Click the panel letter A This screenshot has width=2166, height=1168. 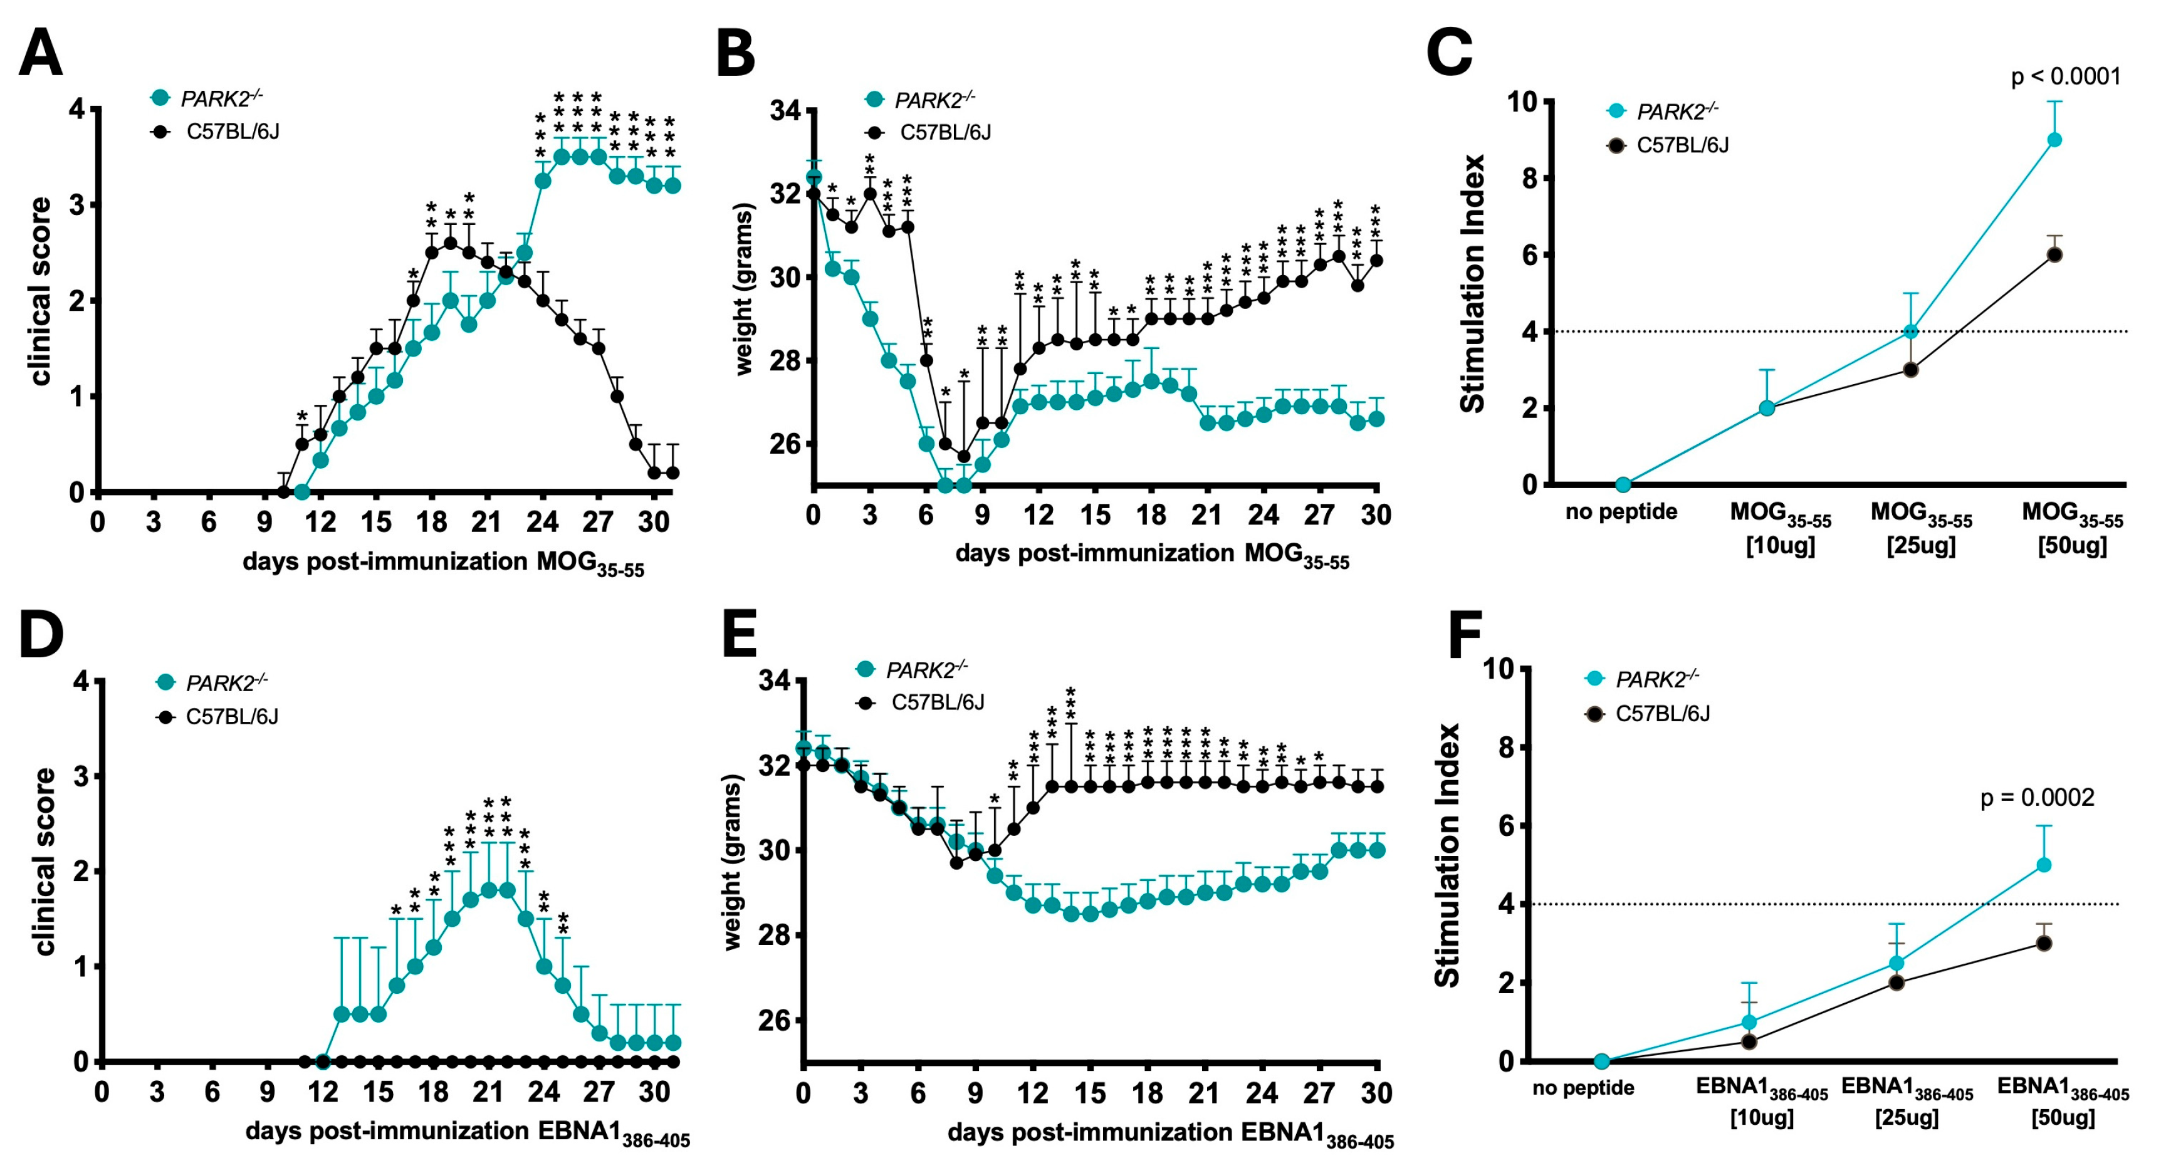(x=40, y=53)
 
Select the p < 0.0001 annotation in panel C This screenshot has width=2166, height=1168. (x=2065, y=76)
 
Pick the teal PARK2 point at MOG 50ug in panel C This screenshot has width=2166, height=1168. (x=2054, y=140)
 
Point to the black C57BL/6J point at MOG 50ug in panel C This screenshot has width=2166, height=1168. (x=2054, y=255)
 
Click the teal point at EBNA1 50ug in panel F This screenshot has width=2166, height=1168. (x=2043, y=865)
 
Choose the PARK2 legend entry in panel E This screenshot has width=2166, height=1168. (x=925, y=670)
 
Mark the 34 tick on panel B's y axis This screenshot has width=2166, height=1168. (x=786, y=110)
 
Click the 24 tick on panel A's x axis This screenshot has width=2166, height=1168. (x=542, y=522)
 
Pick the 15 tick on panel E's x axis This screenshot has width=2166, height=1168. (x=1091, y=1093)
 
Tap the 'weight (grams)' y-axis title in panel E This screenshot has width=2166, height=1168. (x=733, y=862)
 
